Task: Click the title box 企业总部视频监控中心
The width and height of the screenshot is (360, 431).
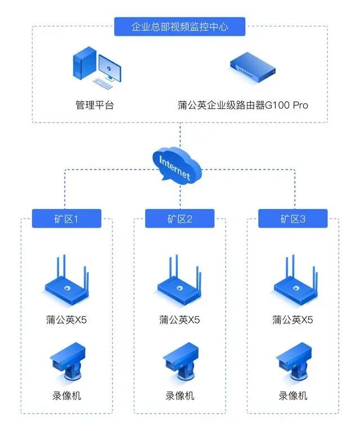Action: (179, 26)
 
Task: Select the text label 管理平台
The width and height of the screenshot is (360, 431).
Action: (94, 105)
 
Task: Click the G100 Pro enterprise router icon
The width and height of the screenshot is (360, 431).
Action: (253, 67)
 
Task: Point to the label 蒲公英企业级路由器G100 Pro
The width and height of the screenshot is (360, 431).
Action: (243, 105)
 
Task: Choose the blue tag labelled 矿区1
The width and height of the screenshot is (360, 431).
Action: (66, 219)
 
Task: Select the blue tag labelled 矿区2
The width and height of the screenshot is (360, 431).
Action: (179, 219)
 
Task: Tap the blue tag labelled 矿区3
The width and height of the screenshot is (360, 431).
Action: (293, 219)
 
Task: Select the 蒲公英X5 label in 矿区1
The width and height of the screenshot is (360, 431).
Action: (66, 320)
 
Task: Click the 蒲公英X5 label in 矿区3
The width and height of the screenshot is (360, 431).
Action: (293, 320)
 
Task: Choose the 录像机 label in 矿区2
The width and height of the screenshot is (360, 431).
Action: (179, 396)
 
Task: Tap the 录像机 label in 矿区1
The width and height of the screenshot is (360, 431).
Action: (66, 396)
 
